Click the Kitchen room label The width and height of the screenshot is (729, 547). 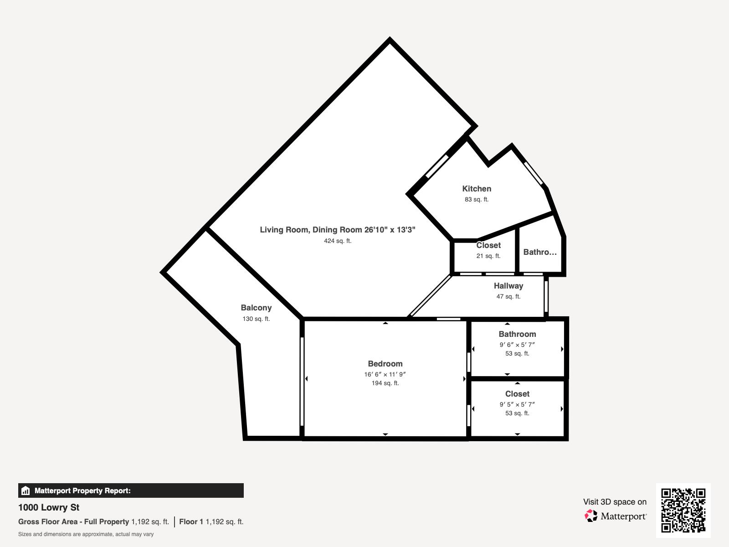[x=477, y=189]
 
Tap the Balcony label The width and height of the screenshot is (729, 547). [x=256, y=308]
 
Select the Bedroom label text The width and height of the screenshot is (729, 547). [x=385, y=364]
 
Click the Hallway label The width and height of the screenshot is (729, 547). [x=508, y=286]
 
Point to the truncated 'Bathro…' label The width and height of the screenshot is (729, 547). [x=540, y=252]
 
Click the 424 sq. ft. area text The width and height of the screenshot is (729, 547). [x=338, y=241]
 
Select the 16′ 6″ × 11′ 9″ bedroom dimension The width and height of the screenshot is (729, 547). [x=385, y=374]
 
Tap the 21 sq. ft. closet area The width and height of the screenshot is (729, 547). [x=488, y=256]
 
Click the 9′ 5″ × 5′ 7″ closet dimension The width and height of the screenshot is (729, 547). [x=517, y=404]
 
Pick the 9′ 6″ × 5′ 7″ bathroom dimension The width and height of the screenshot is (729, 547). [x=517, y=345]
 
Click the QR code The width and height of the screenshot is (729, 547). [x=683, y=510]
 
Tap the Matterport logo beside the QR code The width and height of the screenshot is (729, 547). [x=616, y=516]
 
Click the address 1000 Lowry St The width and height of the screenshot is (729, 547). [x=49, y=507]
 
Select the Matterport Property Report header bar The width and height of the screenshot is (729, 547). [x=131, y=490]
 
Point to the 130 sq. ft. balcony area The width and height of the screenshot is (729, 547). [x=256, y=319]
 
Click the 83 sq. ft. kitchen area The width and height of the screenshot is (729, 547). [x=477, y=200]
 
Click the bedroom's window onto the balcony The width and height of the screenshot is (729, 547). [x=302, y=381]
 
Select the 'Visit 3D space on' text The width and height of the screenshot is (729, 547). [x=615, y=502]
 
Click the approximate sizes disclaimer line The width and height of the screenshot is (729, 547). [x=86, y=534]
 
